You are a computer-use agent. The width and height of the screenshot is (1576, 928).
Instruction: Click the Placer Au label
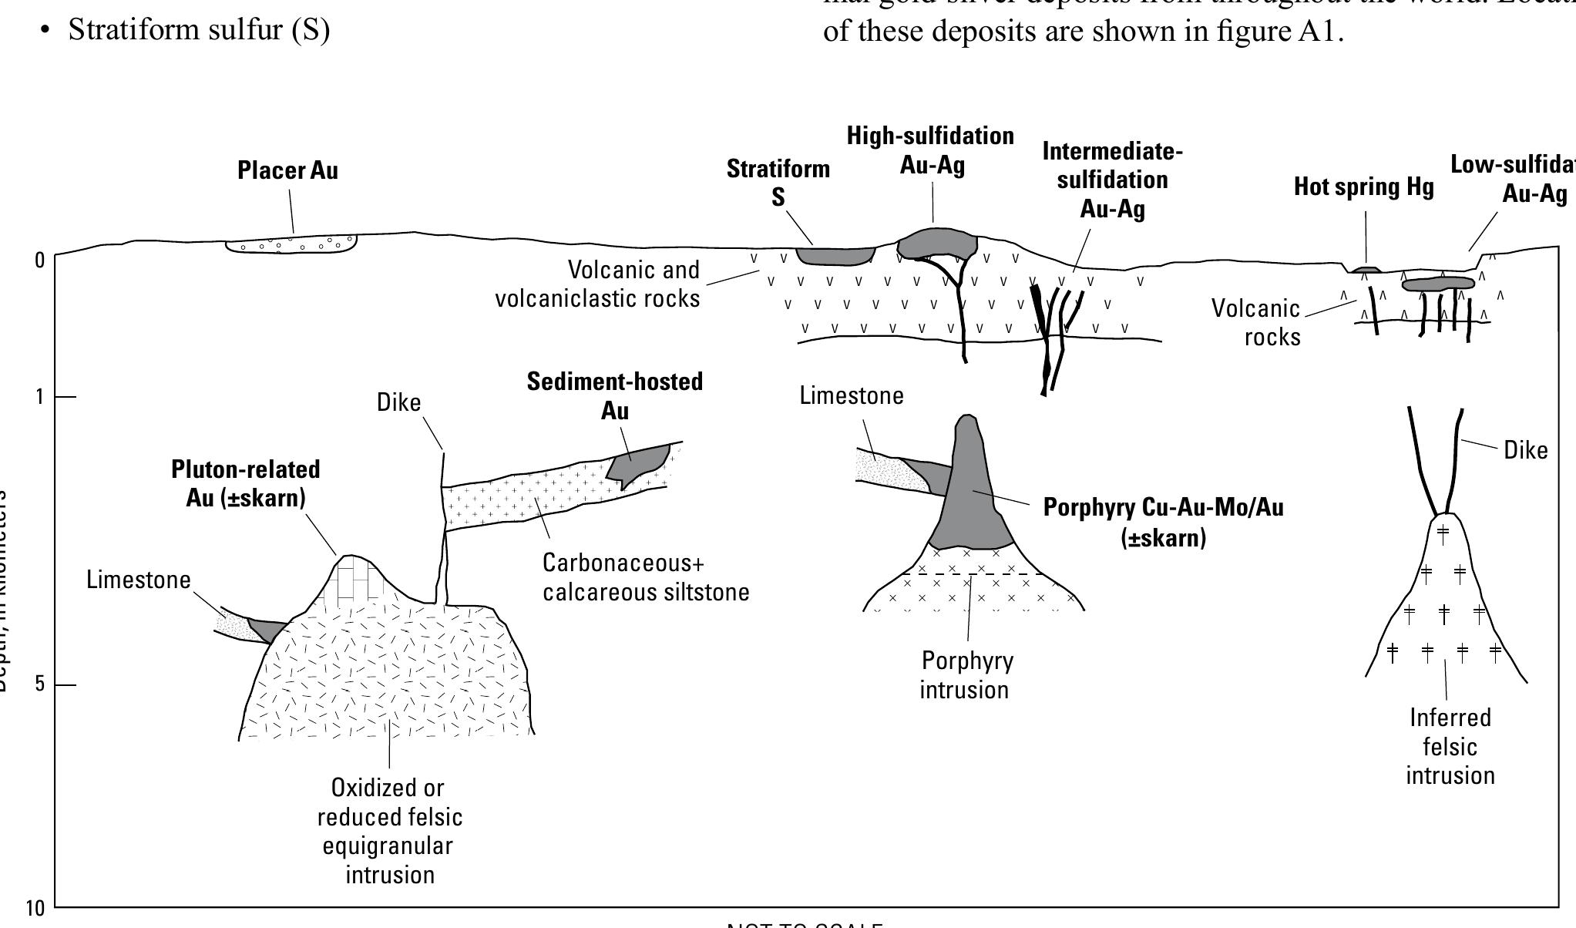(x=287, y=170)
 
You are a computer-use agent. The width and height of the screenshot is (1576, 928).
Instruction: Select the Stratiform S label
(x=778, y=183)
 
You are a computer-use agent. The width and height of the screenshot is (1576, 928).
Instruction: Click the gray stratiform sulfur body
(x=835, y=256)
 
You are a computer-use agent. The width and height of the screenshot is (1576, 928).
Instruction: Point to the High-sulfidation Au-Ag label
(x=931, y=150)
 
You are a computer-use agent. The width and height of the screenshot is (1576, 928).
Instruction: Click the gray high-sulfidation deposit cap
(x=936, y=244)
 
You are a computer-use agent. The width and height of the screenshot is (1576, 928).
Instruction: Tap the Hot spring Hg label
(x=1363, y=187)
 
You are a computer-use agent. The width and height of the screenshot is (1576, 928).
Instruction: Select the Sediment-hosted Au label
(x=615, y=395)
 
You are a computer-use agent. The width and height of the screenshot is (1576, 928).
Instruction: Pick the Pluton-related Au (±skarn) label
(x=246, y=483)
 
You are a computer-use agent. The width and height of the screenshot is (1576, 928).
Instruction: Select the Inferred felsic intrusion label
(x=1450, y=747)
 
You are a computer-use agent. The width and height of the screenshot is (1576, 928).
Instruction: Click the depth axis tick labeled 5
(x=40, y=684)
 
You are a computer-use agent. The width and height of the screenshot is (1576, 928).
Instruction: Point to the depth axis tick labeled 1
(x=40, y=397)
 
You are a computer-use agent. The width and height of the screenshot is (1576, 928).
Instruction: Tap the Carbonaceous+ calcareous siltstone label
(x=645, y=577)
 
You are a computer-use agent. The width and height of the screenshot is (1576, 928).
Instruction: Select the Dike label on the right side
(x=1525, y=450)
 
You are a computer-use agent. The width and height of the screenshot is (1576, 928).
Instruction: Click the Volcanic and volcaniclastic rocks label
(x=597, y=284)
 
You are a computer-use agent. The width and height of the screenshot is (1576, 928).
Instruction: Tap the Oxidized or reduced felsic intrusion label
(x=390, y=831)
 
